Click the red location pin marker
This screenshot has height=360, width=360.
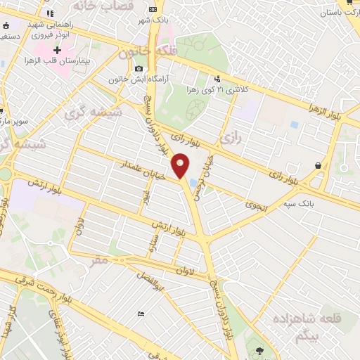tap(181, 166)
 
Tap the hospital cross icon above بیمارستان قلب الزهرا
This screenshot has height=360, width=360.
tap(57, 51)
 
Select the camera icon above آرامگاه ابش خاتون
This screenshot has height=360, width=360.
tap(139, 69)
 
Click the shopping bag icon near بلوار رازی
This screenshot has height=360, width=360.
tap(319, 166)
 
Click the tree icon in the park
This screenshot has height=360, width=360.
tap(261, 349)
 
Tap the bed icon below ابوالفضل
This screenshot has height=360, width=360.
tap(141, 314)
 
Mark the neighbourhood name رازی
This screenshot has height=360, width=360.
tap(231, 139)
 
